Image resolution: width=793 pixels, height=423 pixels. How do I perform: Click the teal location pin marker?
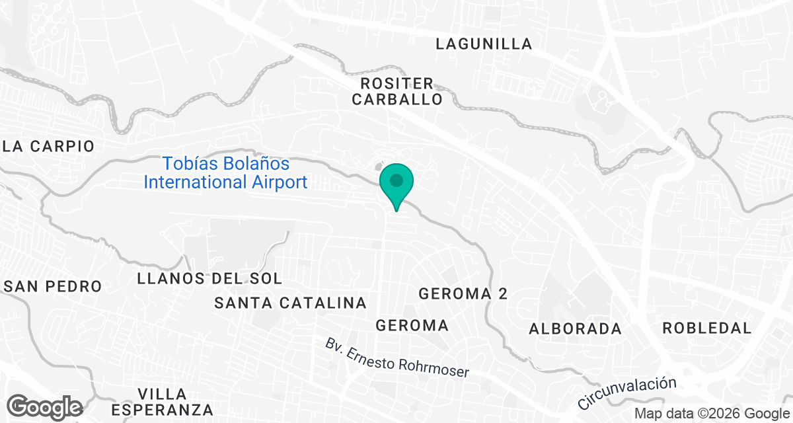[397, 186]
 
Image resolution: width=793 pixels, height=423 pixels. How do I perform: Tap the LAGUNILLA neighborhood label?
[484, 44]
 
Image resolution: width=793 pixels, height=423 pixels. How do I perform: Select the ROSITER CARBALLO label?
[397, 92]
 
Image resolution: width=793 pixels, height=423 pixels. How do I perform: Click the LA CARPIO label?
[49, 146]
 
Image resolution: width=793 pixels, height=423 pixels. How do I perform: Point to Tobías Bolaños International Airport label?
[226, 173]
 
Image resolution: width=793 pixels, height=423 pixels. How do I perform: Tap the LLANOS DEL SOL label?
[209, 278]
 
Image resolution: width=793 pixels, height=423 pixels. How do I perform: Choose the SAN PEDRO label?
[53, 286]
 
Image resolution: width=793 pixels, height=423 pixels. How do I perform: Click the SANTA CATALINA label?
[291, 303]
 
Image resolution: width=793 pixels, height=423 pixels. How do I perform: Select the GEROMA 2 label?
[463, 294]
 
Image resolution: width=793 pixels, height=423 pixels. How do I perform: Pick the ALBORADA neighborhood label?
[576, 328]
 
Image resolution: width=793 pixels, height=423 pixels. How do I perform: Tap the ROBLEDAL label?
[707, 328]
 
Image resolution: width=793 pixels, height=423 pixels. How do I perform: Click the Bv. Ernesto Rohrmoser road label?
[397, 358]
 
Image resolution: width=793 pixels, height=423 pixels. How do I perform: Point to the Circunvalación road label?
[627, 393]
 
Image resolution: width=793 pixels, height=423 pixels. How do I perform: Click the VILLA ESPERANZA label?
[163, 401]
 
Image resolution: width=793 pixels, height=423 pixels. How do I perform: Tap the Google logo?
[45, 406]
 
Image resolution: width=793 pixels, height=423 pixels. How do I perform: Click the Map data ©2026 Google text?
[711, 414]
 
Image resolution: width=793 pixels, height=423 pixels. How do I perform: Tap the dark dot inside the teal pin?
[397, 180]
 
